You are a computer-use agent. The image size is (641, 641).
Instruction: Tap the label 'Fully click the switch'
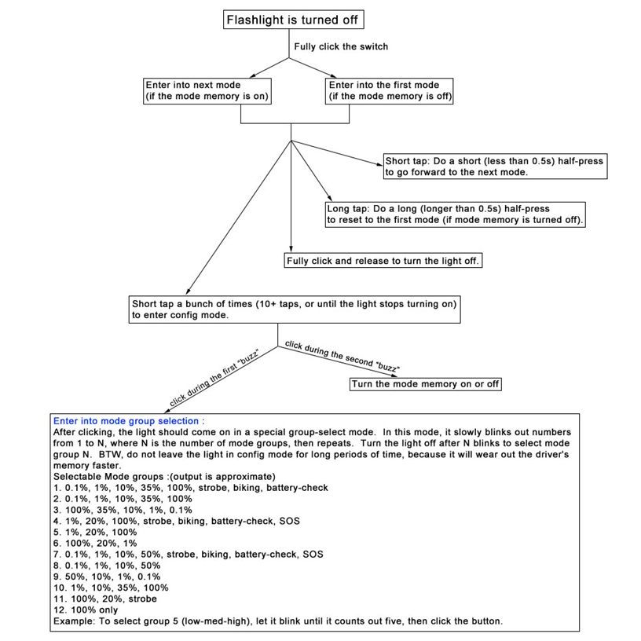coord(341,46)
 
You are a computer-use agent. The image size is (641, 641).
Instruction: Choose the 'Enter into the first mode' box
coord(390,90)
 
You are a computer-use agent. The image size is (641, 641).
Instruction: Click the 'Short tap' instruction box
coord(495,167)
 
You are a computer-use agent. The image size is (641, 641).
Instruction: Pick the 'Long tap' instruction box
coord(456,214)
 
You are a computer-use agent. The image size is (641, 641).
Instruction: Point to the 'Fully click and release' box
coord(383,261)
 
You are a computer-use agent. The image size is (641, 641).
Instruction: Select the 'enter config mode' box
coord(295,309)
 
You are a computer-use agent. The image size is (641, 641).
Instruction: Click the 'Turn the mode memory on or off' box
coord(425,384)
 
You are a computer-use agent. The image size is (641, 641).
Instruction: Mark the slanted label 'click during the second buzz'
coord(342,356)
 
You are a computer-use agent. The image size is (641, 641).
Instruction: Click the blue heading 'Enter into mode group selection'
coord(126,422)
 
